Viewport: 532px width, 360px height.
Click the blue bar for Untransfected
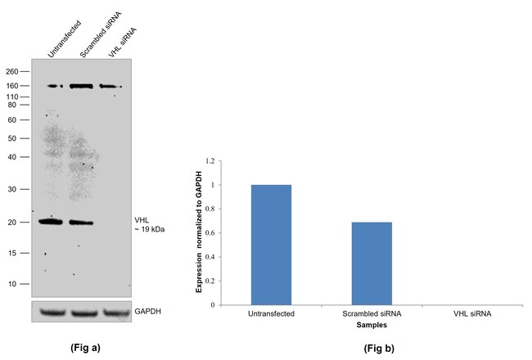[271, 245]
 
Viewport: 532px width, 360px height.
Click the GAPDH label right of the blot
[148, 312]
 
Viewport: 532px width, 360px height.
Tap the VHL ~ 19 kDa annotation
[150, 224]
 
